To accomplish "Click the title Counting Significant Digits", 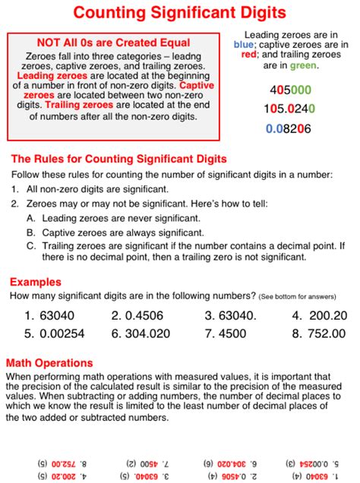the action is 180,13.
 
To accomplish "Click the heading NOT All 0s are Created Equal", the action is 113,43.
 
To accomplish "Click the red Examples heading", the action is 31,281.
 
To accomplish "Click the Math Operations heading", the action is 49,361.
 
